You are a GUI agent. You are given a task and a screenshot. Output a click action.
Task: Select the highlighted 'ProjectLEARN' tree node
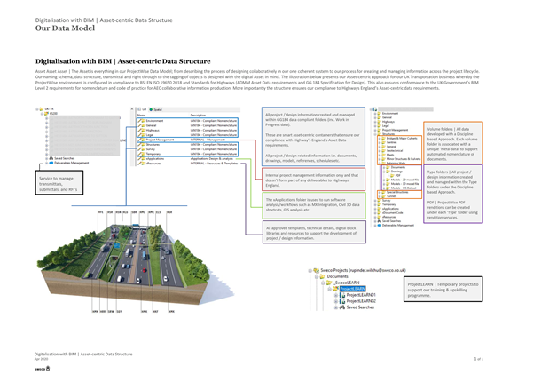[x=353, y=288]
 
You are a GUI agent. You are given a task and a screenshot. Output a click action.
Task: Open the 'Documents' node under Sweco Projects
[x=338, y=276]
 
